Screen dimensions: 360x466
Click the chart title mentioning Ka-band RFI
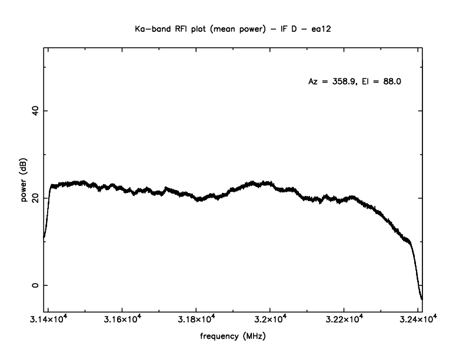[x=232, y=28]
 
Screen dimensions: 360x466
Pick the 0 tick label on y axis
[x=35, y=285]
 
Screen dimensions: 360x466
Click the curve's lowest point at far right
[x=422, y=299]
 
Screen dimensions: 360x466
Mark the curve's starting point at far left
[x=44, y=238]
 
